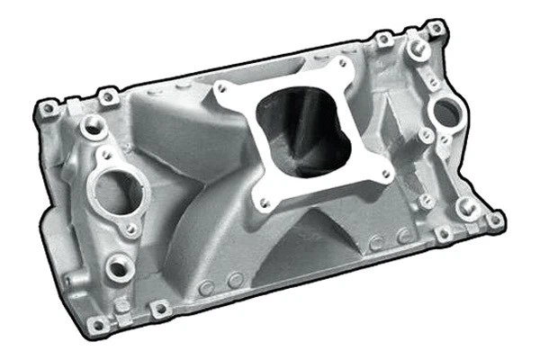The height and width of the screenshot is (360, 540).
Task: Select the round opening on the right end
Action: (446, 112)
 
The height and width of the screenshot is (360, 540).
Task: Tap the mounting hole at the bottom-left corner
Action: (160, 308)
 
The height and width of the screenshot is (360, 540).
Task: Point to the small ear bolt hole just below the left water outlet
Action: (131, 229)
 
